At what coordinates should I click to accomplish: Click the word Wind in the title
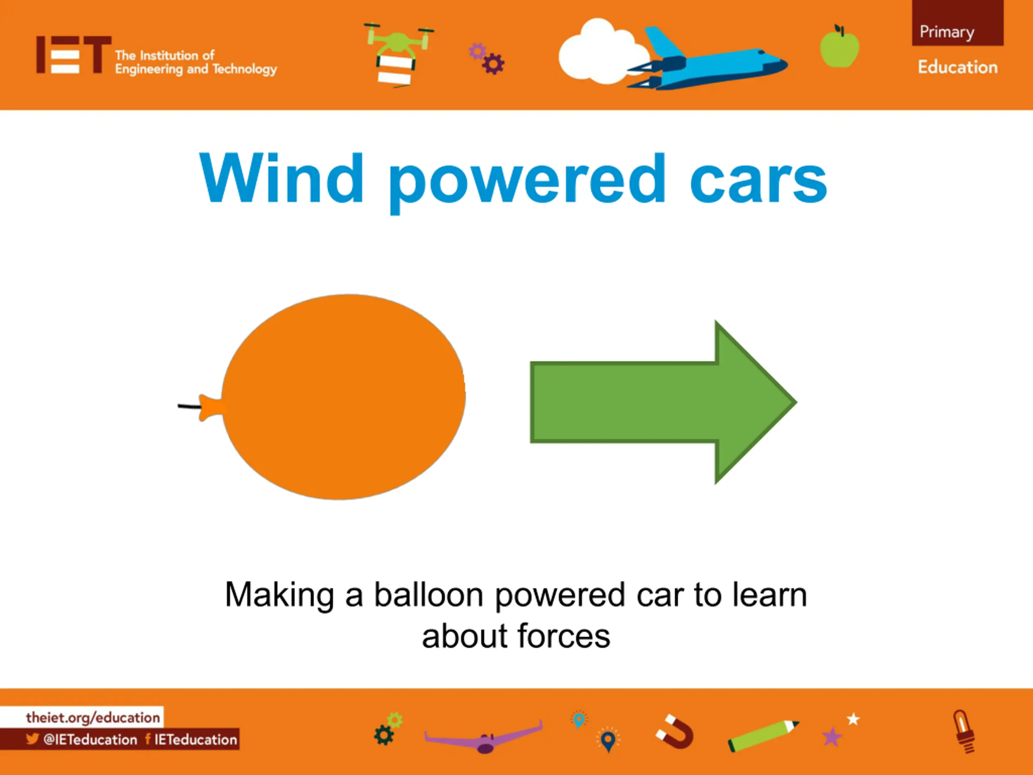(281, 178)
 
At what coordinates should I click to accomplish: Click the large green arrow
(663, 402)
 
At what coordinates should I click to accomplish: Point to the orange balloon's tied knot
(211, 407)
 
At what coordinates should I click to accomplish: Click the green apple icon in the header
(839, 46)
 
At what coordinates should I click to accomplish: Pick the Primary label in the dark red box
(947, 32)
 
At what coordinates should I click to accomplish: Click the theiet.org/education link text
(93, 717)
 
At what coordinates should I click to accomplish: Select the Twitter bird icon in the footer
(32, 739)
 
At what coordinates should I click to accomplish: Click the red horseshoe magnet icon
(674, 731)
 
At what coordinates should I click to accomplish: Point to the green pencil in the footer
(763, 735)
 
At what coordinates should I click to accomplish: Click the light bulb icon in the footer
(964, 731)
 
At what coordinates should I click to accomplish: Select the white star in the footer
(853, 719)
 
